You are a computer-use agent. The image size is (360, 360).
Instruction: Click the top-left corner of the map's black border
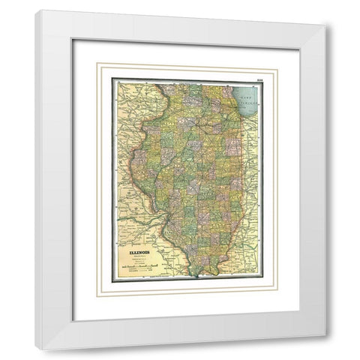click(x=112, y=79)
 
